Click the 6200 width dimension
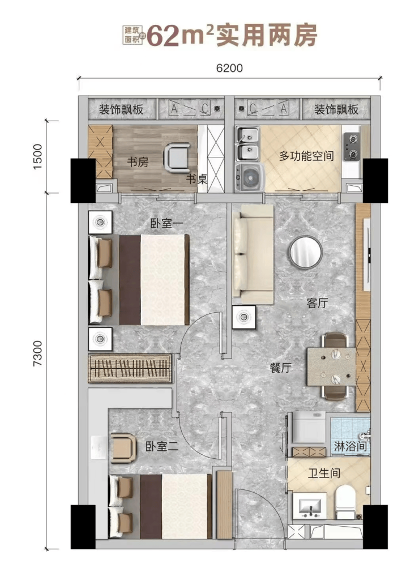(229, 68)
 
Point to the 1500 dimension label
(37, 156)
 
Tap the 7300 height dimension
(37, 353)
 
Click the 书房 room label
(138, 162)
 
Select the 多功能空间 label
(306, 156)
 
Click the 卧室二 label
(162, 447)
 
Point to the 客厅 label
(318, 303)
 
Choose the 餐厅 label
(281, 368)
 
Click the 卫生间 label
(324, 474)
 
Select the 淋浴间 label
(350, 446)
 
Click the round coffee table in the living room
(306, 251)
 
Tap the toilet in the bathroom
(345, 502)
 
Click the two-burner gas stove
(351, 147)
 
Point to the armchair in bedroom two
(123, 448)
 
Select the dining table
(331, 366)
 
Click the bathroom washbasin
(310, 506)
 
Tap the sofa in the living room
(253, 255)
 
